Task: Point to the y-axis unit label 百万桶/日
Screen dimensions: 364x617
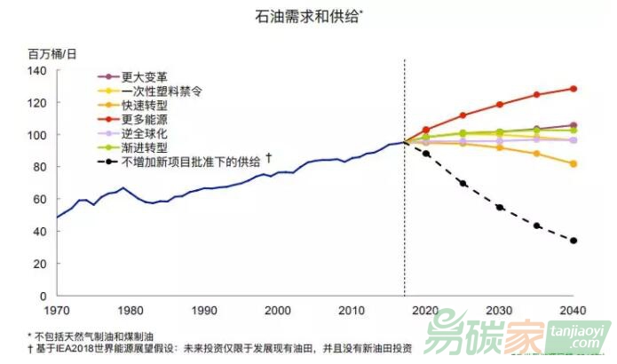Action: pos(52,54)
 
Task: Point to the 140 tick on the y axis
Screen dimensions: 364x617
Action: pos(36,71)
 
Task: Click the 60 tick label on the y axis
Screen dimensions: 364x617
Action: pos(39,200)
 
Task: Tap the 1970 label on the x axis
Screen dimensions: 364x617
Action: pos(57,310)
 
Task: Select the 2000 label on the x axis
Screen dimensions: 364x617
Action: pos(278,310)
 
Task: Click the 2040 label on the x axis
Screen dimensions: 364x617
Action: pos(573,310)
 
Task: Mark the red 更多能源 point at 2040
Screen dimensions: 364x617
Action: pos(573,89)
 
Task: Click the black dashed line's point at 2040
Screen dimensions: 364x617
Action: pos(573,241)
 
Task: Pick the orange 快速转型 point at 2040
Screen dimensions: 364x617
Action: pos(573,163)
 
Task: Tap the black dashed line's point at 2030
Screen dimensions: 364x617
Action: pos(500,208)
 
